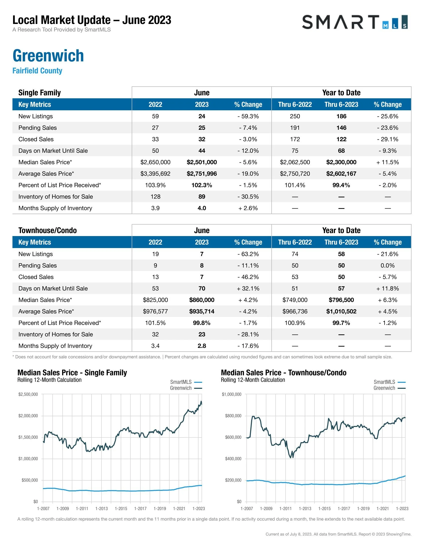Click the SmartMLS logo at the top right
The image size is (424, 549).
coord(354,22)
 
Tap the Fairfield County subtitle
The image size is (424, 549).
coord(37,71)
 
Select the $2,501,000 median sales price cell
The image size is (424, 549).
coord(202,162)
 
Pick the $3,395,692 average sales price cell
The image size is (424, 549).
coord(155,174)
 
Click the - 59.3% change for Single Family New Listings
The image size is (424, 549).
coord(248,116)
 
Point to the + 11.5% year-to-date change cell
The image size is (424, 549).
coord(387,162)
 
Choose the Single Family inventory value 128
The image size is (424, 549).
coord(155,197)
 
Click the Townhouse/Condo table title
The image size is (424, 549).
coord(47,230)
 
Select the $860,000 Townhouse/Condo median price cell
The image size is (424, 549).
coord(202,300)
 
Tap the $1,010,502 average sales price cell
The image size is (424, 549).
coord(341,311)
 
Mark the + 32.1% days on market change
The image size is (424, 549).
coord(248,288)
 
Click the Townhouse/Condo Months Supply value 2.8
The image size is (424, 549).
coord(202,346)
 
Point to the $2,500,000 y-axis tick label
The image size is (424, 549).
coord(28,394)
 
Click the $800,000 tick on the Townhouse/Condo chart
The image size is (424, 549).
coord(233,416)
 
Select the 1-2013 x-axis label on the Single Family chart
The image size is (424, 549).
coord(102,508)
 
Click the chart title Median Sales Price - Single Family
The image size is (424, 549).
coord(72,373)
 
